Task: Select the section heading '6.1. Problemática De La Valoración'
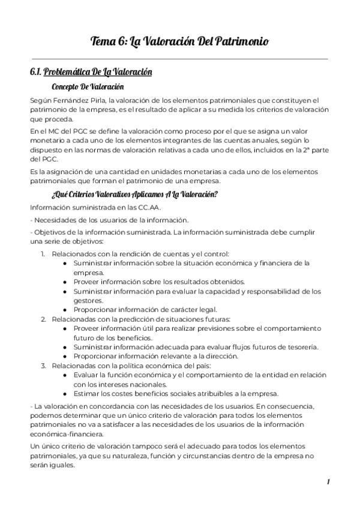(x=91, y=72)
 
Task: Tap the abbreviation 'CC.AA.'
(x=125, y=207)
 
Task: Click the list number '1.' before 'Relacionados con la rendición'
(x=44, y=253)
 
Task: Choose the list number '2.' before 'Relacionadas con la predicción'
(x=44, y=318)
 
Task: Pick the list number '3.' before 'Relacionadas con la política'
(x=44, y=365)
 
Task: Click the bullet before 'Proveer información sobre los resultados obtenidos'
(x=65, y=282)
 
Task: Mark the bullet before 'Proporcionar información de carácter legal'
(x=65, y=309)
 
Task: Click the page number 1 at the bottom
(x=328, y=482)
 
